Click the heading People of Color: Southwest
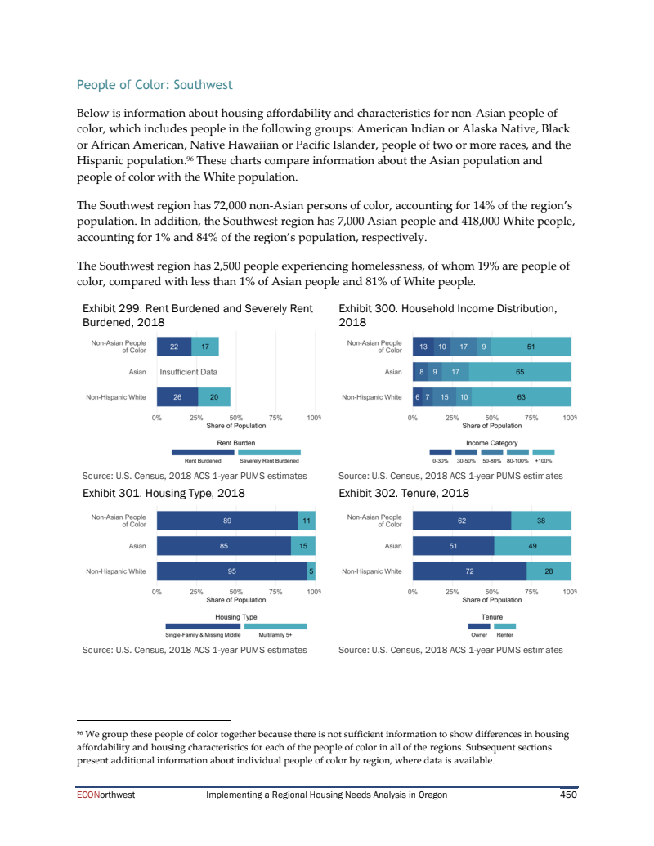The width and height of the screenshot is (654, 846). tap(155, 85)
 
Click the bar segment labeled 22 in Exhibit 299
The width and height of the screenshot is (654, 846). tap(173, 347)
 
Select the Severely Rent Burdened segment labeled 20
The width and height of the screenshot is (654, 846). tap(213, 398)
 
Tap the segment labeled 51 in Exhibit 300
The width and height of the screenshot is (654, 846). tap(531, 347)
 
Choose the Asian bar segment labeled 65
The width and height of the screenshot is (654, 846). tap(520, 373)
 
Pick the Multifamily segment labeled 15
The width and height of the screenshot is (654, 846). tap(303, 546)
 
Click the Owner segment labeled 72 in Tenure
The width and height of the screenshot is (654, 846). tap(469, 571)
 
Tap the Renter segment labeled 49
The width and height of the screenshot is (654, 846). tap(532, 546)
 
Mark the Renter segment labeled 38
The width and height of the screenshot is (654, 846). tap(540, 520)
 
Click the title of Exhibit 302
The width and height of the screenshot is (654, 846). tap(404, 493)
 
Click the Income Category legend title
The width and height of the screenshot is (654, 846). tap(491, 443)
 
